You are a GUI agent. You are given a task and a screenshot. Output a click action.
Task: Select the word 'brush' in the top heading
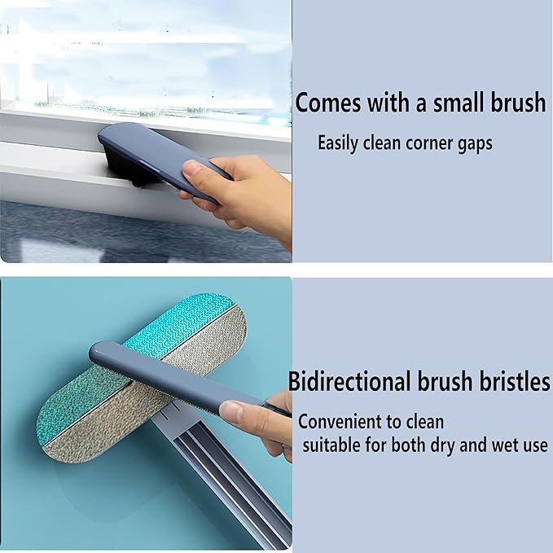click(x=518, y=103)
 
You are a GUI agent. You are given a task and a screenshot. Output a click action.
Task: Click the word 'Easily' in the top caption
click(x=338, y=143)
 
